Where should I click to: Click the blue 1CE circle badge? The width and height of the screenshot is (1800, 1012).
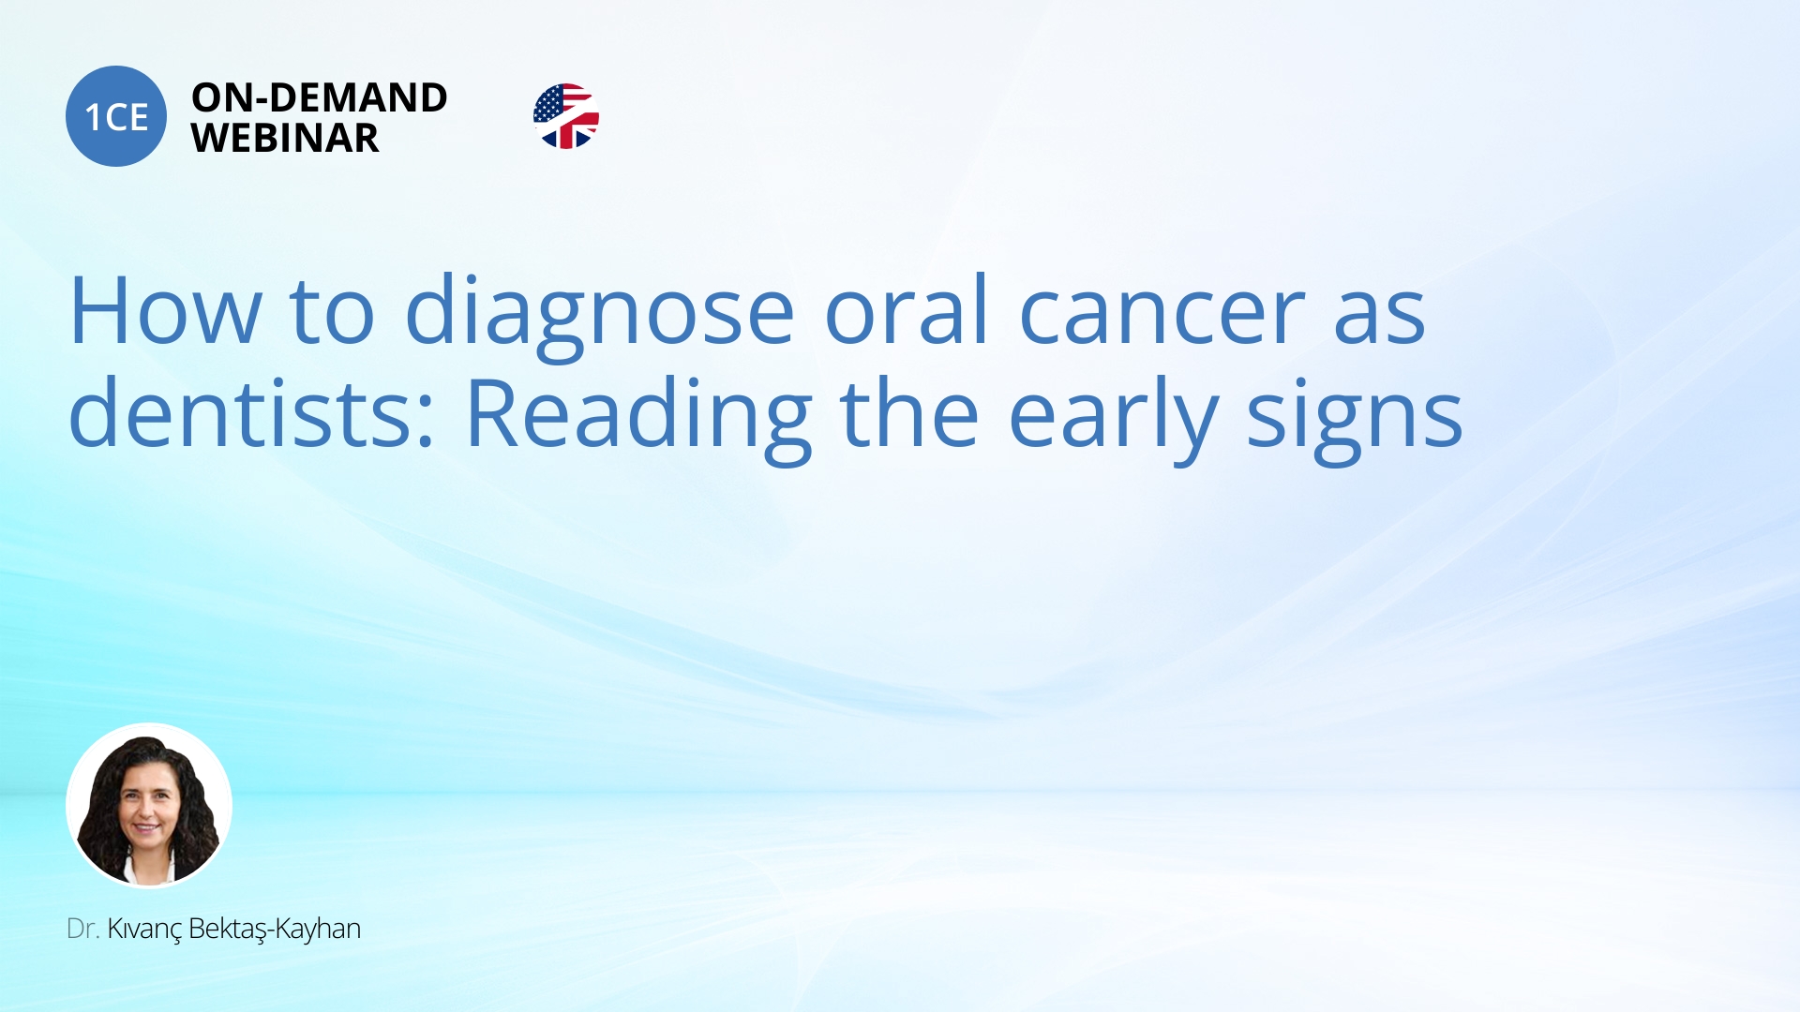click(116, 116)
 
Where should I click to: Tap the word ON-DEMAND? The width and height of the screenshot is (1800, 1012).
click(319, 97)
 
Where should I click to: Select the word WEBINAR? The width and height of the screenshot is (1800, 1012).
click(285, 138)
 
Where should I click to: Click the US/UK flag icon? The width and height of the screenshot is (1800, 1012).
click(566, 116)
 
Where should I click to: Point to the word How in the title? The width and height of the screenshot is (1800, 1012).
click(166, 311)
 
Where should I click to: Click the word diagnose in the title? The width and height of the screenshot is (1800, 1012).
click(600, 314)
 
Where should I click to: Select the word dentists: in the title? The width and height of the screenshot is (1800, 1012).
click(252, 411)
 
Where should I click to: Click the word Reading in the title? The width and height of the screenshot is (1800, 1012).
click(638, 419)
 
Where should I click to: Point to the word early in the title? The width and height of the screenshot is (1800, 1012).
click(1113, 419)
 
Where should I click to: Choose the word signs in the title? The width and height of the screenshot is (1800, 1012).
click(1355, 419)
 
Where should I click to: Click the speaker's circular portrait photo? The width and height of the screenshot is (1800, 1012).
click(149, 805)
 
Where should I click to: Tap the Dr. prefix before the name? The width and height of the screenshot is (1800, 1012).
click(82, 929)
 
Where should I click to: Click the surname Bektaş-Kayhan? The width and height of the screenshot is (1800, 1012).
click(275, 930)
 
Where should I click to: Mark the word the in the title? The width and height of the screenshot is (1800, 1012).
click(910, 411)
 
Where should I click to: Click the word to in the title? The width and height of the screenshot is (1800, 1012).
click(333, 314)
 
